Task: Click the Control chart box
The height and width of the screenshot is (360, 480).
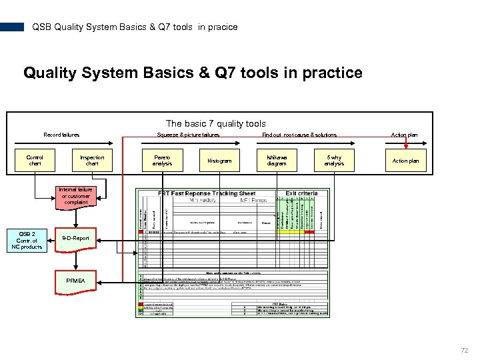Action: pyautogui.click(x=35, y=161)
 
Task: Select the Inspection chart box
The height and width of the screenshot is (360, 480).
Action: pyautogui.click(x=92, y=161)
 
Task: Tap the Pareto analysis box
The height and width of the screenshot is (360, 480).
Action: pyautogui.click(x=162, y=161)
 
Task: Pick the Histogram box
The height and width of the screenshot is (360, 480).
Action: pyautogui.click(x=219, y=161)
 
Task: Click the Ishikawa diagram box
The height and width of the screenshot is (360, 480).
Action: pyautogui.click(x=277, y=161)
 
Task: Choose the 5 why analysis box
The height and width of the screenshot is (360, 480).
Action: pyautogui.click(x=334, y=161)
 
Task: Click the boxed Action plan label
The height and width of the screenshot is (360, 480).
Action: pyautogui.click(x=405, y=161)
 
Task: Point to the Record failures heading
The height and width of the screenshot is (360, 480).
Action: pyautogui.click(x=61, y=135)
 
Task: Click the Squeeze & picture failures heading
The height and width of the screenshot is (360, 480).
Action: pyautogui.click(x=188, y=135)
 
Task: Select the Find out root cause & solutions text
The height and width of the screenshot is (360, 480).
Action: pyautogui.click(x=299, y=135)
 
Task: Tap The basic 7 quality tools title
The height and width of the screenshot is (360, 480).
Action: pyautogui.click(x=216, y=123)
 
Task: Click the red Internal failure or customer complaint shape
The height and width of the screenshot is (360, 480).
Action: pyautogui.click(x=76, y=196)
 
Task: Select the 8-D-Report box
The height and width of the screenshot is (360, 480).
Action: pyautogui.click(x=76, y=238)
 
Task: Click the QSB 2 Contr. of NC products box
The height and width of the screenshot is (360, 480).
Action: pyautogui.click(x=27, y=241)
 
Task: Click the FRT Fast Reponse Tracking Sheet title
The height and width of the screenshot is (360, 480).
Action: pyautogui.click(x=207, y=193)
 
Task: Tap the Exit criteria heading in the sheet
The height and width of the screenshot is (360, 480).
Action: pyautogui.click(x=301, y=193)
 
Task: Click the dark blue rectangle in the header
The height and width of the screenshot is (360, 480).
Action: pyautogui.click(x=12, y=27)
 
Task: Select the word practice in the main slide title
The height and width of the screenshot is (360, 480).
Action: pyautogui.click(x=333, y=73)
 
